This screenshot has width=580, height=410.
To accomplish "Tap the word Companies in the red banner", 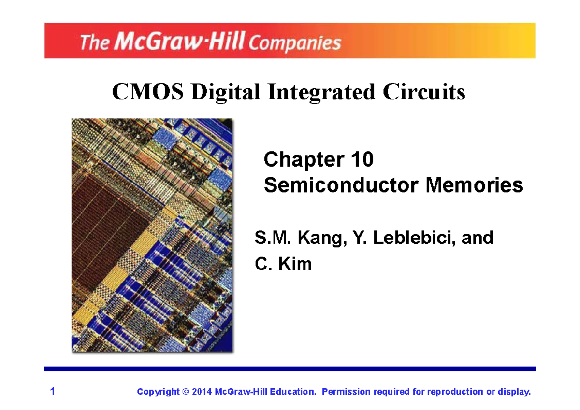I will click(295, 43).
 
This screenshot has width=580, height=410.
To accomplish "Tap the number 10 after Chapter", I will click(362, 160).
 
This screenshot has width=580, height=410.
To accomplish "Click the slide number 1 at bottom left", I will click(53, 391).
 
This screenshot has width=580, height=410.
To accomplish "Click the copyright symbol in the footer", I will click(186, 392).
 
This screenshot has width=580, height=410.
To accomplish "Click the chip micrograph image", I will click(152, 235).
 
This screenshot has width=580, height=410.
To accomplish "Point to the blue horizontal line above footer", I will click(290, 369).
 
